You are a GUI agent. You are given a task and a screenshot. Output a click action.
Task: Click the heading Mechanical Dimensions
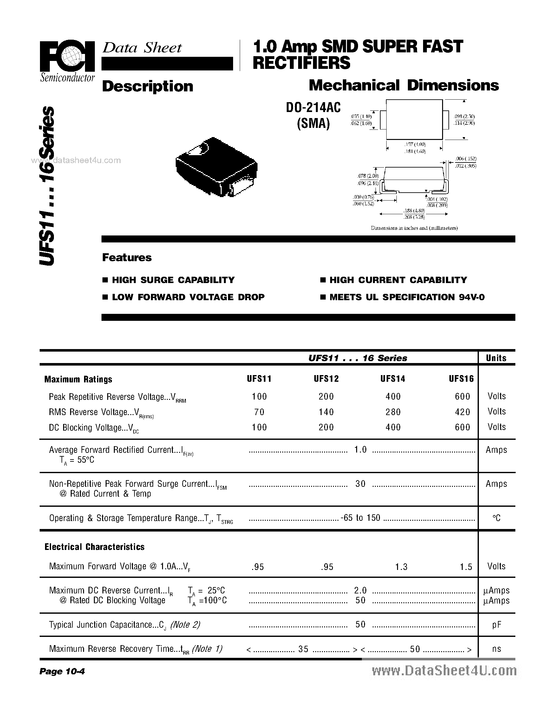click(x=403, y=86)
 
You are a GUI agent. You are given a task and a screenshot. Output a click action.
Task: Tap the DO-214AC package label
click(x=313, y=107)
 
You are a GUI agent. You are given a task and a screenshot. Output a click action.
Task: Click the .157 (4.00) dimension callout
click(x=415, y=144)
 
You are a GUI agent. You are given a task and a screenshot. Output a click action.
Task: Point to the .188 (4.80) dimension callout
click(x=414, y=210)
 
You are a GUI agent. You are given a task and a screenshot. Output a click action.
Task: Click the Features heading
click(x=127, y=258)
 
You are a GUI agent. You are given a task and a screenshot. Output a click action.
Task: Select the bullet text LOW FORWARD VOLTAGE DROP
click(x=188, y=297)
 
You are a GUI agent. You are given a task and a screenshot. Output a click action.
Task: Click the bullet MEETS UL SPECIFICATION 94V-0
click(x=407, y=297)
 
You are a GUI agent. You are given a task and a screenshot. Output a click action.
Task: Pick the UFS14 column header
click(x=393, y=379)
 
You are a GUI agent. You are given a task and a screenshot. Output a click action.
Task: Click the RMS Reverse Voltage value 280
click(x=393, y=412)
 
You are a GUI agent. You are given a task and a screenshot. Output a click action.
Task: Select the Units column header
click(x=496, y=358)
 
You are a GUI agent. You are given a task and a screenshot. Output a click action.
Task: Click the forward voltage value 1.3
click(x=401, y=567)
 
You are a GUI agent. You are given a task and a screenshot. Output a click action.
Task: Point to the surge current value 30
click(x=360, y=484)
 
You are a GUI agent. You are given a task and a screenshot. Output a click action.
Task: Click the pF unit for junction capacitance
click(x=496, y=625)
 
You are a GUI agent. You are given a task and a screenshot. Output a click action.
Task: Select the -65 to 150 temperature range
click(x=360, y=518)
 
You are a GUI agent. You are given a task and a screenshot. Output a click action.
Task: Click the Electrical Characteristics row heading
click(x=95, y=547)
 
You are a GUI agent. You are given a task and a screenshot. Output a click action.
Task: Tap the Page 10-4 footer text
click(x=62, y=671)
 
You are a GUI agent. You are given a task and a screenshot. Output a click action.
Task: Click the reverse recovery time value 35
click(x=303, y=649)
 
